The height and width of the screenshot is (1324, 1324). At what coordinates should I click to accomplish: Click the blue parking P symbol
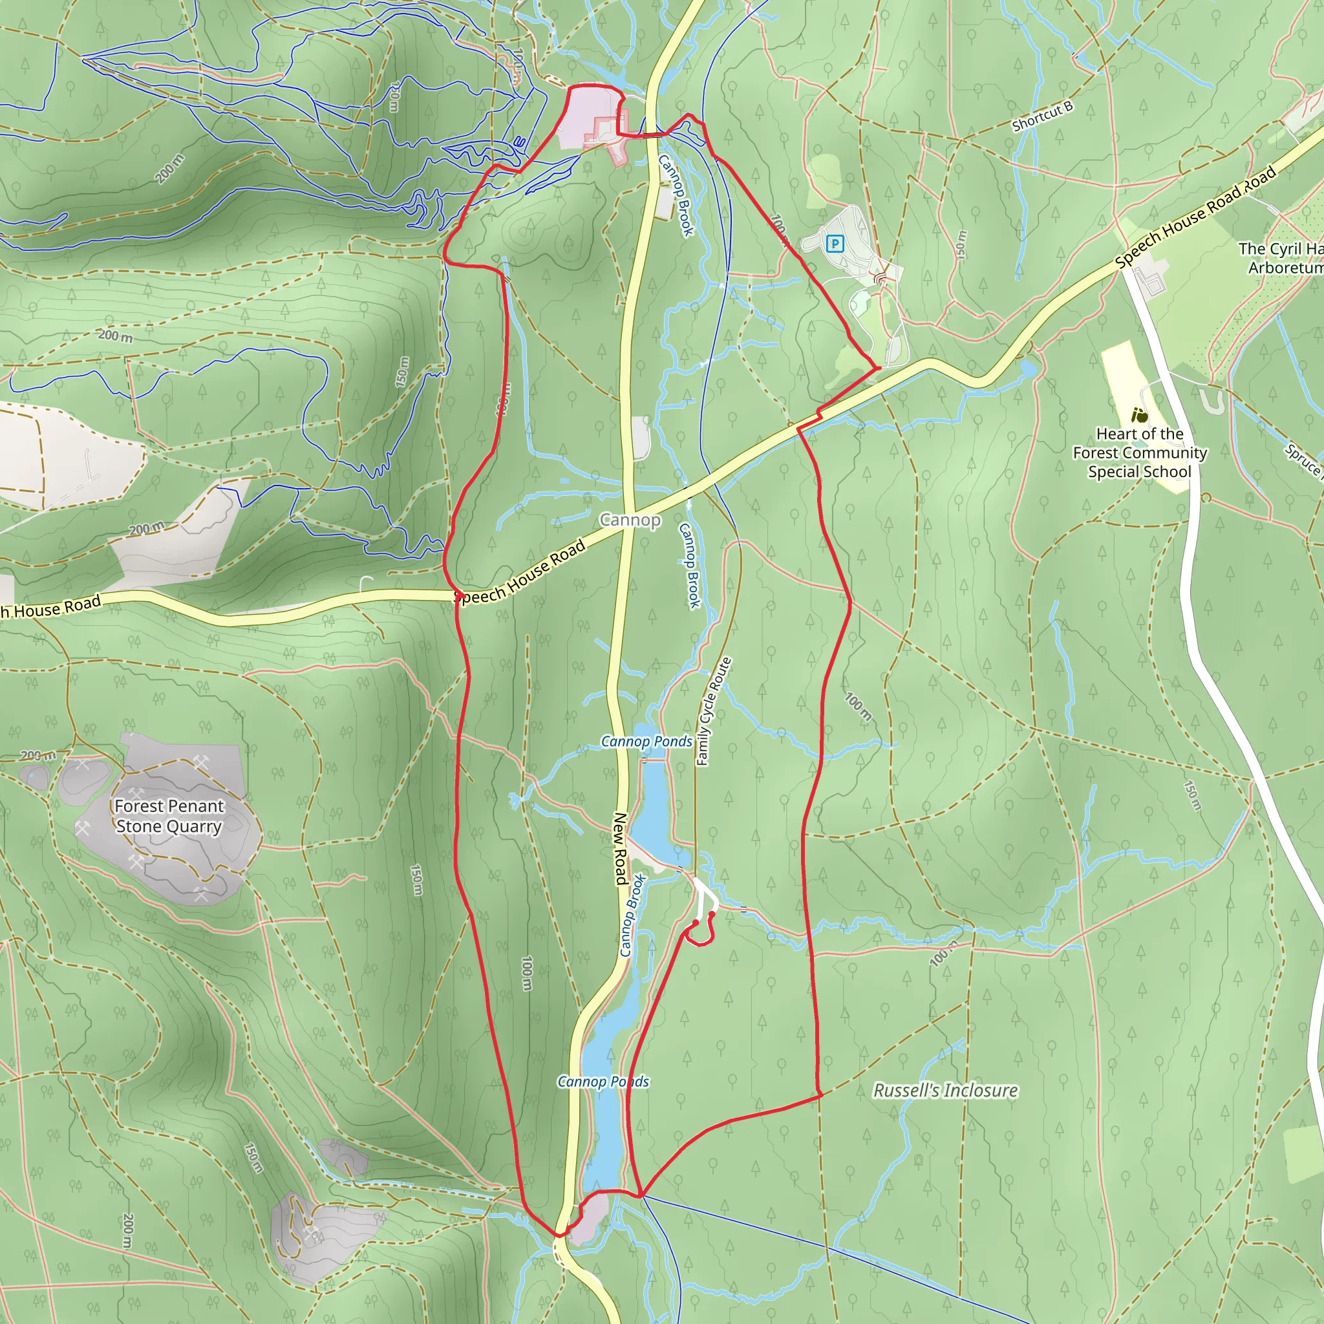(x=835, y=243)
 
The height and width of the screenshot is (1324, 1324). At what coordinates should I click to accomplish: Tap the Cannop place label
(x=630, y=520)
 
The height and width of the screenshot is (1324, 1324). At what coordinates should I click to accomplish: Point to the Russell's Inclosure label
(x=945, y=1091)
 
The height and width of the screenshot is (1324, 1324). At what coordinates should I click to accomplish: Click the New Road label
(x=620, y=848)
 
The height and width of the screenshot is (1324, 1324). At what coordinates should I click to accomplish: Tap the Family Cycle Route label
(x=714, y=710)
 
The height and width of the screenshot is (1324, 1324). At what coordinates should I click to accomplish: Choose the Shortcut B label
(x=1041, y=116)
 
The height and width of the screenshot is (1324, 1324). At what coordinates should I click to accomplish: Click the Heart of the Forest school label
(x=1140, y=453)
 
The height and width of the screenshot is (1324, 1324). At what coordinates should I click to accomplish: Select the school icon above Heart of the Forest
(x=1140, y=414)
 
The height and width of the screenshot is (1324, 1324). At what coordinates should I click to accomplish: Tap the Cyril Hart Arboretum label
(x=1280, y=258)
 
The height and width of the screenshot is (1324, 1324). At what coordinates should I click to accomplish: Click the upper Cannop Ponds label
(x=646, y=741)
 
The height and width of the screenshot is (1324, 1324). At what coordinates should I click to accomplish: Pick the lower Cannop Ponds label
(x=603, y=1082)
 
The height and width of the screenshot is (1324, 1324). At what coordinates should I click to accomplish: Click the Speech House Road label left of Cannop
(x=521, y=573)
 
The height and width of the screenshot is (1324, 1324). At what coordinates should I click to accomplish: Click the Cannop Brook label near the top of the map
(x=676, y=195)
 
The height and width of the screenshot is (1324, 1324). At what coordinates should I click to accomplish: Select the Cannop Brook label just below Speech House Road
(x=689, y=566)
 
